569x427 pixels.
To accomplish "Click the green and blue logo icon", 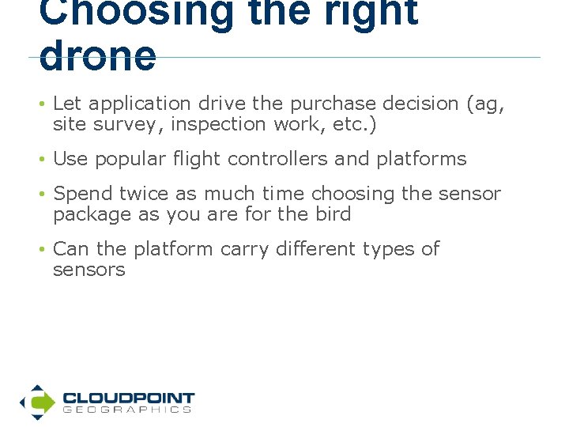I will (37, 402).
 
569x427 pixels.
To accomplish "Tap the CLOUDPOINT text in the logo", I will (128, 398).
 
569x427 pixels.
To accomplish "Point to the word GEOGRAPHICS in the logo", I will (127, 410).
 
